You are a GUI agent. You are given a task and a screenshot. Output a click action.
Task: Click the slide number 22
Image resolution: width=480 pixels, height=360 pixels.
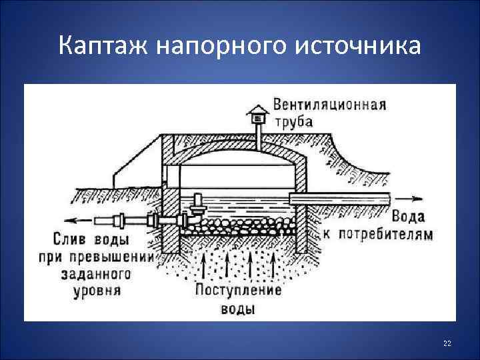point(447,343)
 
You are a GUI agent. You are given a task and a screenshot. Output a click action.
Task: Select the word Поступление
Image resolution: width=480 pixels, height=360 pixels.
point(239,291)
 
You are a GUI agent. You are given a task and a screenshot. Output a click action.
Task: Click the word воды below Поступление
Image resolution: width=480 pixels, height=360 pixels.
point(238,309)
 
